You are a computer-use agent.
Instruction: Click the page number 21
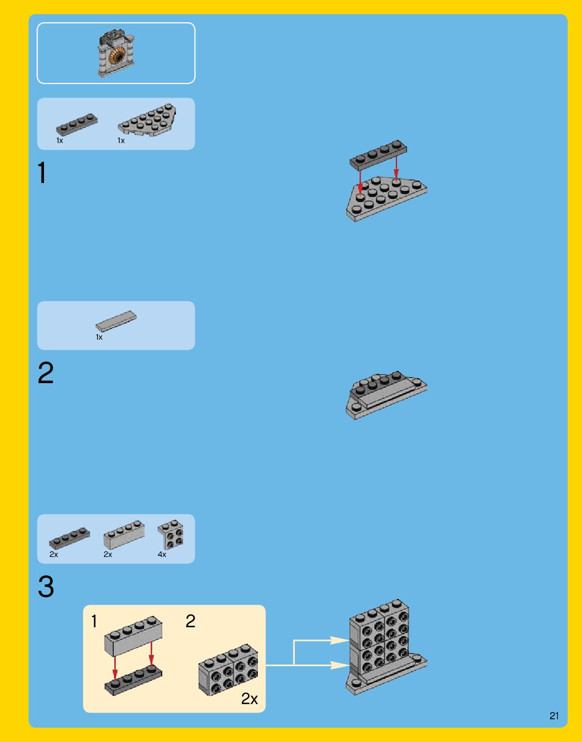(x=554, y=716)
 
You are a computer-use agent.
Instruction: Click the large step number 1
(x=42, y=173)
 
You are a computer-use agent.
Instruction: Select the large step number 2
(x=46, y=373)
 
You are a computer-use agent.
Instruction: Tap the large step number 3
(x=46, y=586)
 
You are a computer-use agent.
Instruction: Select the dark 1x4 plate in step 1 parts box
(x=77, y=125)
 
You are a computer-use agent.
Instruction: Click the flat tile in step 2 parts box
(x=116, y=320)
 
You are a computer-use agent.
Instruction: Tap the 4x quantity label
(x=162, y=554)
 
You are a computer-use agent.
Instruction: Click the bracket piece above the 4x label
(x=170, y=534)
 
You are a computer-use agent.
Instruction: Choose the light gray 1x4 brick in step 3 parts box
(x=124, y=534)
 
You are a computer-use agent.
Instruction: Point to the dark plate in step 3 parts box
(x=69, y=538)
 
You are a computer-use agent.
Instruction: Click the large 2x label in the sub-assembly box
(x=249, y=699)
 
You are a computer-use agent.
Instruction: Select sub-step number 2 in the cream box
(x=191, y=621)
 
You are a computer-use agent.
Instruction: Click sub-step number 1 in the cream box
(x=94, y=621)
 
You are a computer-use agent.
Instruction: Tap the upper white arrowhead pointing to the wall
(x=339, y=640)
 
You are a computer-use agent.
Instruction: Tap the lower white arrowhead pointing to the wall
(x=339, y=665)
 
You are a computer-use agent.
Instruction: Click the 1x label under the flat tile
(x=99, y=337)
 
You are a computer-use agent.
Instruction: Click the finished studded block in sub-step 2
(x=228, y=670)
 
